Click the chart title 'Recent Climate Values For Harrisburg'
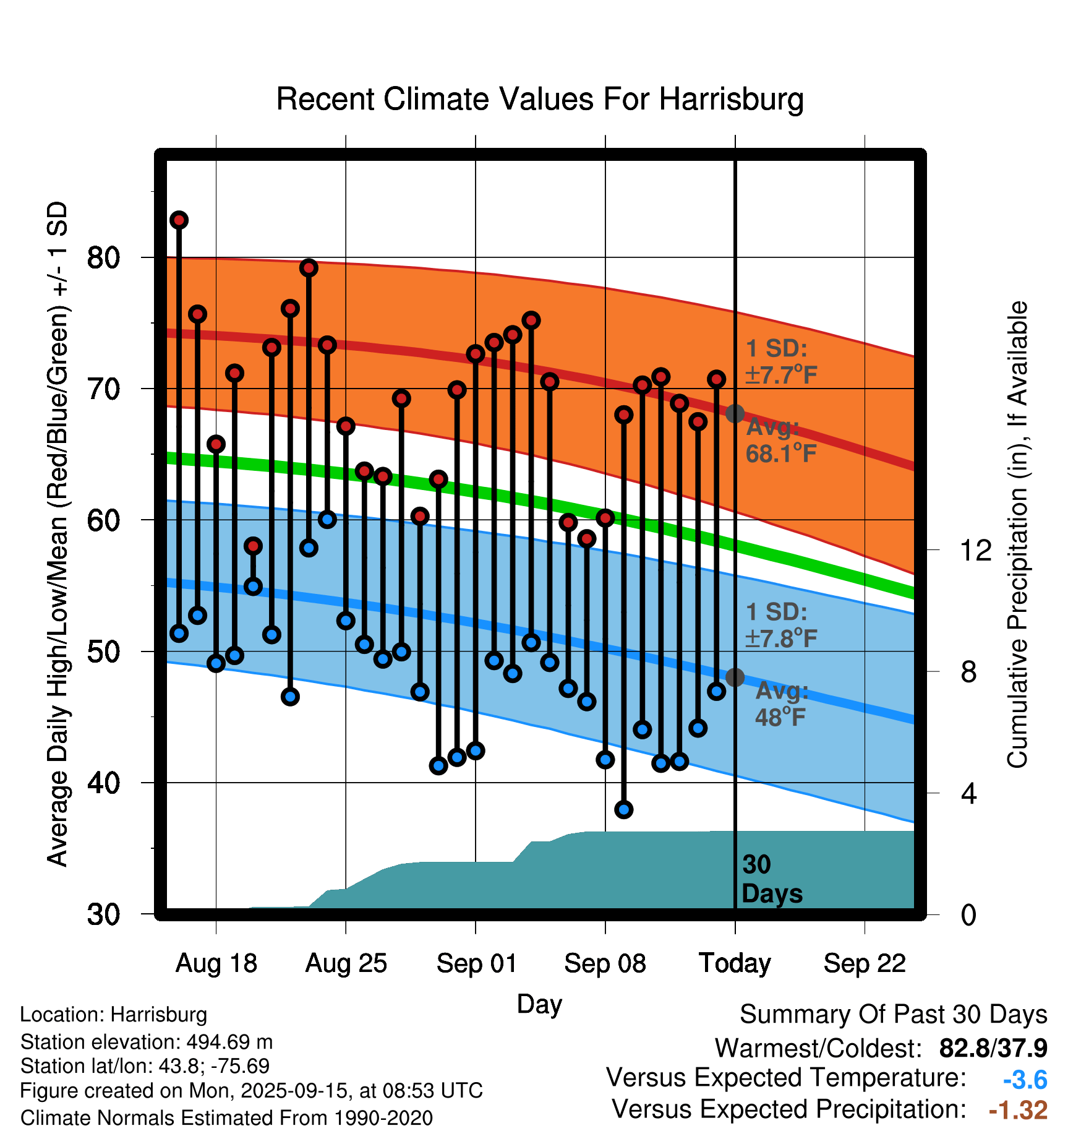pos(540,99)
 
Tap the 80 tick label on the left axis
pos(103,257)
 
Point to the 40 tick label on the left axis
pos(103,783)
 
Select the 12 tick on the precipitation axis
pos(975,550)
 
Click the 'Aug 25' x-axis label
pos(346,963)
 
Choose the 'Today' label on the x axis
pos(735,963)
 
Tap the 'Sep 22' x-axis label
pos(865,963)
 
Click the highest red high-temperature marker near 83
pos(179,220)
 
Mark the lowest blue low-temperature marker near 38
pos(624,809)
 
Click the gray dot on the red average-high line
pos(735,413)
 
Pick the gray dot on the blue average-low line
pos(735,677)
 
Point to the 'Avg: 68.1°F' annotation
pos(780,441)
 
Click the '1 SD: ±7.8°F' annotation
pos(780,625)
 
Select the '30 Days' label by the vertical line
pos(771,879)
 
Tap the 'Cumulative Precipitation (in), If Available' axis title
pos(1017,535)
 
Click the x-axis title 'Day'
pos(539,1004)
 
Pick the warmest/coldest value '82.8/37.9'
pos(993,1048)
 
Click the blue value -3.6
pos(1025,1080)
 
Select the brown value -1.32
pos(1018,1110)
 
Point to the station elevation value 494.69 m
pos(229,1042)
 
